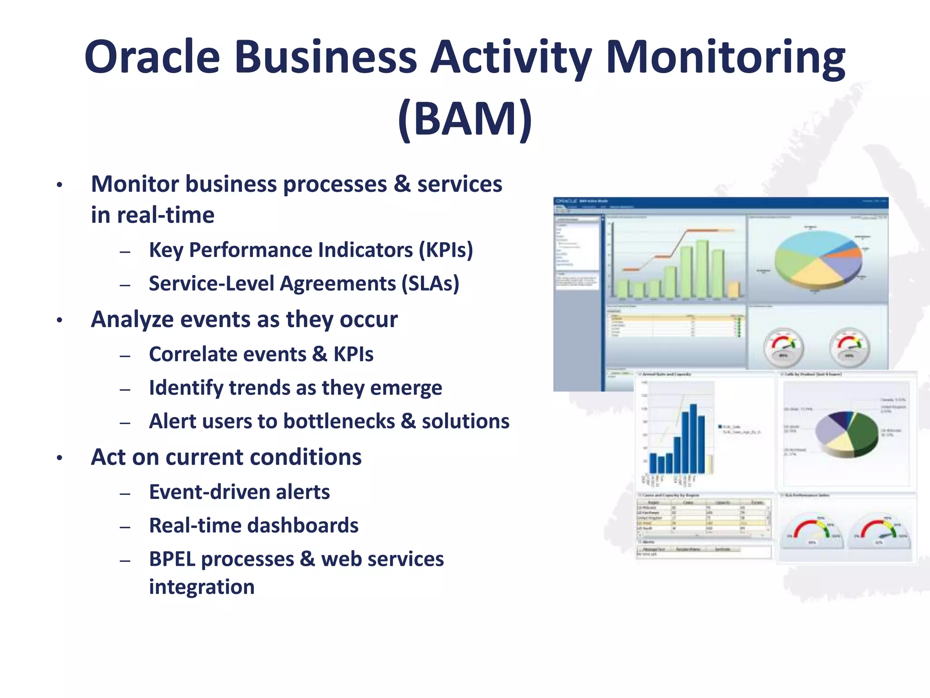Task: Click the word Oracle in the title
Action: (152, 57)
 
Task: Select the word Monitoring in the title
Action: (725, 57)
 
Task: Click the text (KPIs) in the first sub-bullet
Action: (445, 250)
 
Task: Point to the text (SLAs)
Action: (430, 284)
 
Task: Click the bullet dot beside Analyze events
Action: (59, 320)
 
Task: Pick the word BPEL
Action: (174, 559)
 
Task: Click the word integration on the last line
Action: (202, 587)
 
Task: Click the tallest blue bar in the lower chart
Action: (693, 439)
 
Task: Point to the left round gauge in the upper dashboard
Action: (783, 348)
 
